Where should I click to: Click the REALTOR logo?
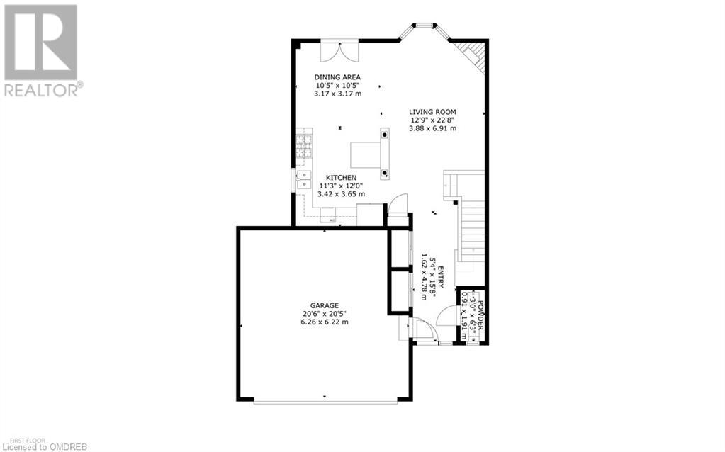coord(42,50)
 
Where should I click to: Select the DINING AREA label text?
coord(338,77)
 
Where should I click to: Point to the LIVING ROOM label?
coord(432,111)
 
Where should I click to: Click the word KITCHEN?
coord(341,177)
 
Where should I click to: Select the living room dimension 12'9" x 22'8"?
coord(432,120)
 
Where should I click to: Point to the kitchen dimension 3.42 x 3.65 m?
coord(341,193)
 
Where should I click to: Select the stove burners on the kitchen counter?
coord(305,145)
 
